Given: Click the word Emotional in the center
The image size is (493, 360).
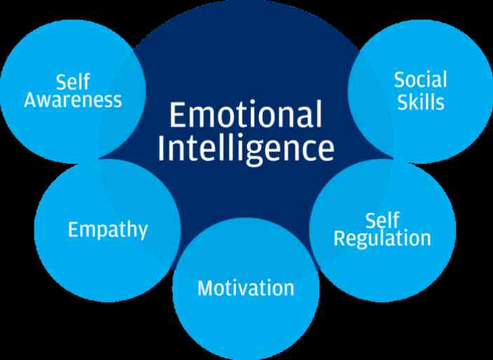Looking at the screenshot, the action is click(x=246, y=114).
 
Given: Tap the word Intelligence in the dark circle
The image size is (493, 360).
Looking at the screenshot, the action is click(x=246, y=149).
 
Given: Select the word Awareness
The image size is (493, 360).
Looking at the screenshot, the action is click(x=73, y=100).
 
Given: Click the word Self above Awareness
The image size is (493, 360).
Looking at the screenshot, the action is click(x=73, y=82).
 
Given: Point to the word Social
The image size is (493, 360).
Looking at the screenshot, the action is click(x=421, y=80).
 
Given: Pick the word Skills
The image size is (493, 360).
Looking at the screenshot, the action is click(x=421, y=102).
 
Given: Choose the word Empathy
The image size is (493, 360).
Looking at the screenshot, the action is click(x=108, y=230).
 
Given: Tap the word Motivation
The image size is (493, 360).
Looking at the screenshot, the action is click(x=246, y=288).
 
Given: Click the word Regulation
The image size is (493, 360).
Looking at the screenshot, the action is click(x=382, y=239).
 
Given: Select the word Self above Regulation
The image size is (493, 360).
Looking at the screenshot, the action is click(x=382, y=221).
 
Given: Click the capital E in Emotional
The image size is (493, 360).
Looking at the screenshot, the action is click(x=176, y=115).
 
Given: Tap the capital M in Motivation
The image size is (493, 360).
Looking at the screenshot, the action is click(x=205, y=288).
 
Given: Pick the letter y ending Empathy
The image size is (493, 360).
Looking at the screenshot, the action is click(x=141, y=233).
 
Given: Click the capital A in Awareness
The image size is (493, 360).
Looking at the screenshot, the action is click(x=32, y=100).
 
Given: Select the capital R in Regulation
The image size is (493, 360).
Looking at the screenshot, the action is click(x=339, y=237).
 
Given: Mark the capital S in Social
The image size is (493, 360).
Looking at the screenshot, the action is click(x=400, y=80).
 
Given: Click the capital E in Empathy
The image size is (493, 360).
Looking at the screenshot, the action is click(x=73, y=229).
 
